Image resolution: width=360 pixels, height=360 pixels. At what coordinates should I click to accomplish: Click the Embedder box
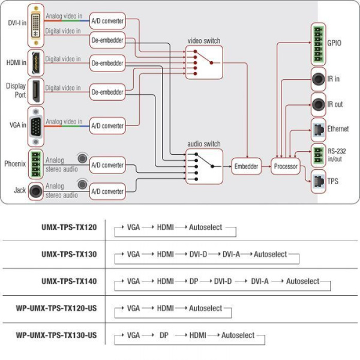[x=246, y=166]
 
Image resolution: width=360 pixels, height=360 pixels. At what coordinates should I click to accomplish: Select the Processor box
[x=285, y=166]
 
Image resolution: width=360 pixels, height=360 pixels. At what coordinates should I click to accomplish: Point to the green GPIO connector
[x=318, y=44]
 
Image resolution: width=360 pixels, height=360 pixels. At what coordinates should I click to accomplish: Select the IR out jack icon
[x=318, y=104]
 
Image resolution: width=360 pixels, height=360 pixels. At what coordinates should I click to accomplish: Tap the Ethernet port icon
[x=318, y=128]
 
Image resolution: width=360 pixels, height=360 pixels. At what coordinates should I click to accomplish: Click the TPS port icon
[x=318, y=181]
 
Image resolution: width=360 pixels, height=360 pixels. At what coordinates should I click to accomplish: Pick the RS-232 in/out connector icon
[x=318, y=154]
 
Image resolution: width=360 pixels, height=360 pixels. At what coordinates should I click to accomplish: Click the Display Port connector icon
[x=37, y=91]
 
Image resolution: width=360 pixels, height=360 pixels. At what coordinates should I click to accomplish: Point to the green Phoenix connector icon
[x=37, y=163]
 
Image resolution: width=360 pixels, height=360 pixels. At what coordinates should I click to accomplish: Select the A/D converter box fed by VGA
[x=107, y=125]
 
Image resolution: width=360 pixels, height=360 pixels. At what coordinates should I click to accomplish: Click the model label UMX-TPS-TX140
[x=70, y=281]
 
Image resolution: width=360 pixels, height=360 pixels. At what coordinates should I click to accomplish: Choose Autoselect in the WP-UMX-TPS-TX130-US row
[x=238, y=335]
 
